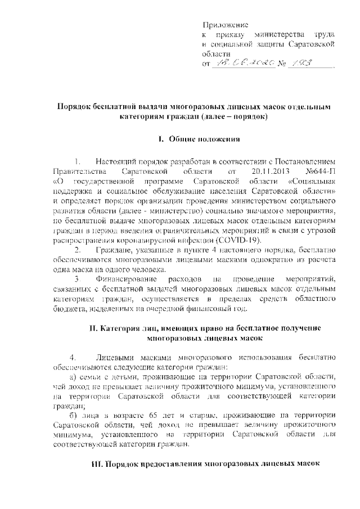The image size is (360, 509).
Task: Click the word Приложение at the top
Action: click(x=226, y=25)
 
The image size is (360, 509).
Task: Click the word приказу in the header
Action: click(x=231, y=35)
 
